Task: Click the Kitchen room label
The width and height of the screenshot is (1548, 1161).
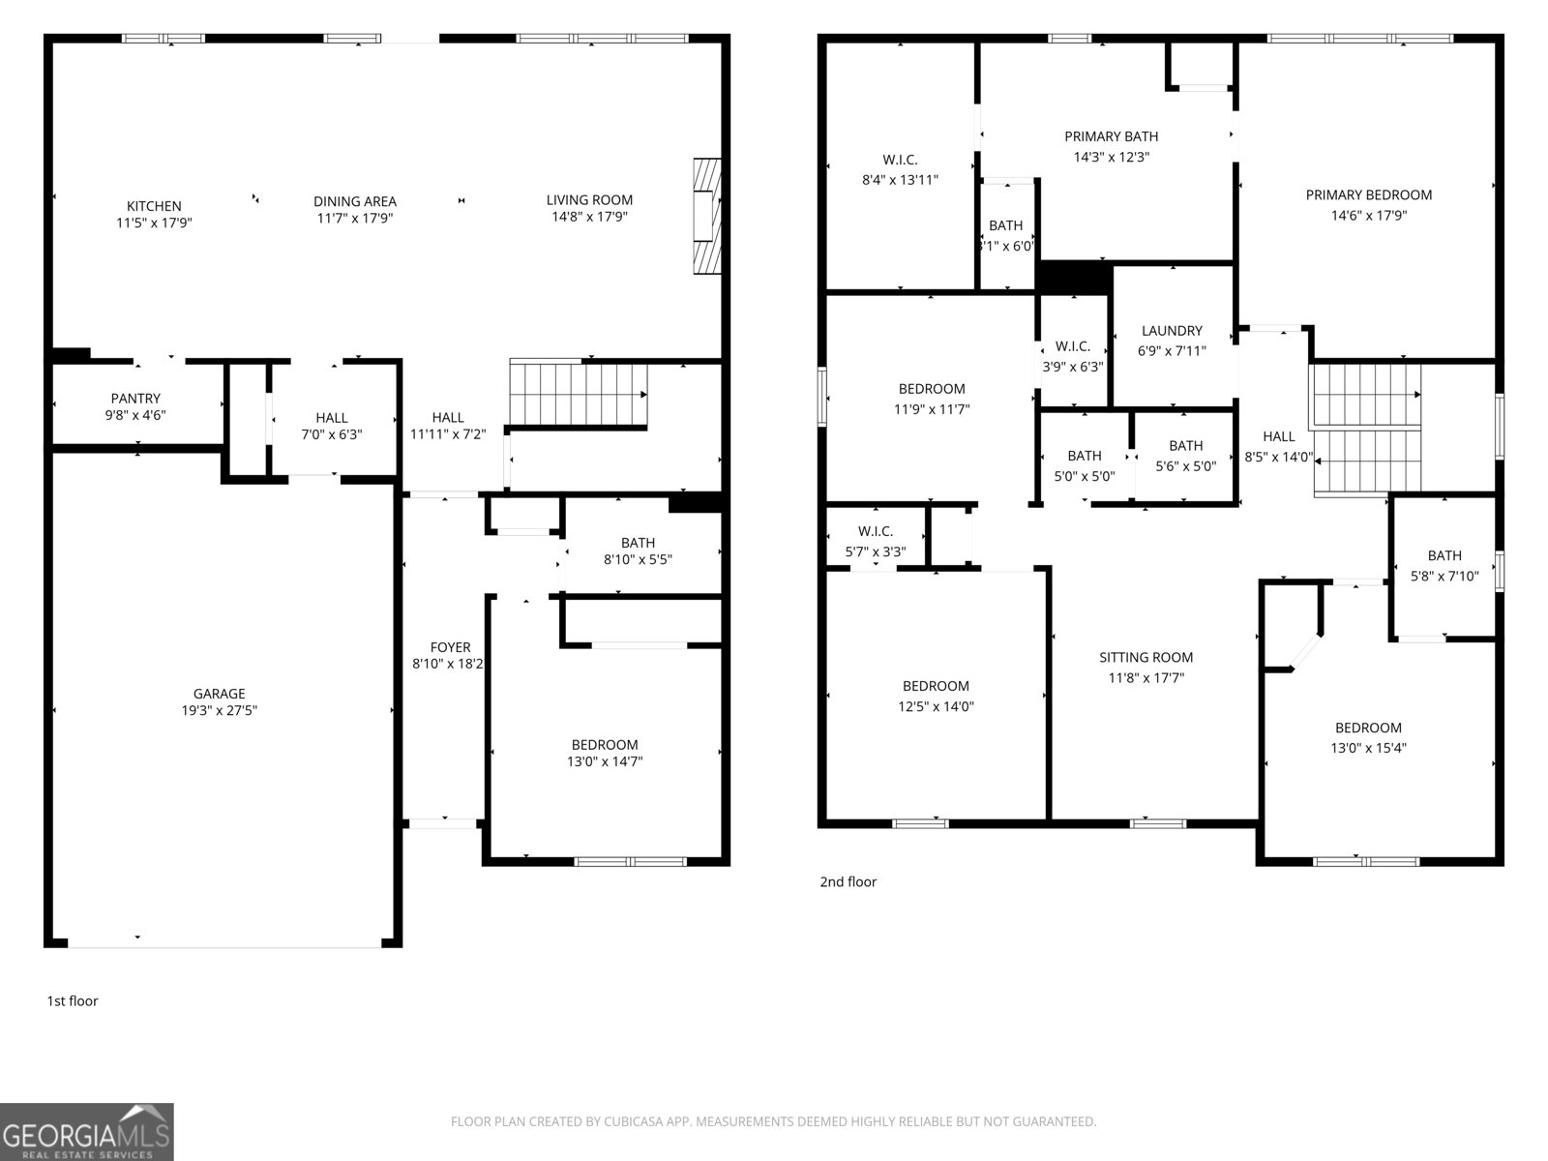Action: [x=154, y=206]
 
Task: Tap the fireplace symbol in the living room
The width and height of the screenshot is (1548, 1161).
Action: [x=707, y=217]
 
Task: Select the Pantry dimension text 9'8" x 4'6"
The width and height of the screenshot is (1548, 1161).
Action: [x=136, y=415]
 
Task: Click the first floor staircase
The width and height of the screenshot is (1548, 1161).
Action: [x=579, y=395]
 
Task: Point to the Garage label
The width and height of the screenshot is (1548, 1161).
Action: [x=220, y=694]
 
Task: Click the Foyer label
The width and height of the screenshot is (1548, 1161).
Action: [x=450, y=647]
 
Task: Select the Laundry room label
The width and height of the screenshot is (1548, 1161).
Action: [x=1172, y=331]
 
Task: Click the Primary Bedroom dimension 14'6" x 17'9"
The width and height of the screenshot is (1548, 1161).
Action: [x=1368, y=216]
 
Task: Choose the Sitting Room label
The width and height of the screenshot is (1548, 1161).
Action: [x=1146, y=658]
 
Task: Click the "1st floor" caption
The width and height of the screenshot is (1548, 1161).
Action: [x=73, y=1001]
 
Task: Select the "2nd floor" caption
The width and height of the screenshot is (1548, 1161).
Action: [x=848, y=882]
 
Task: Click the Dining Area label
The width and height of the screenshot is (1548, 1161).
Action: [x=355, y=201]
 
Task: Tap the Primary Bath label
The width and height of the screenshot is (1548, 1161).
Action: [x=1111, y=136]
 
